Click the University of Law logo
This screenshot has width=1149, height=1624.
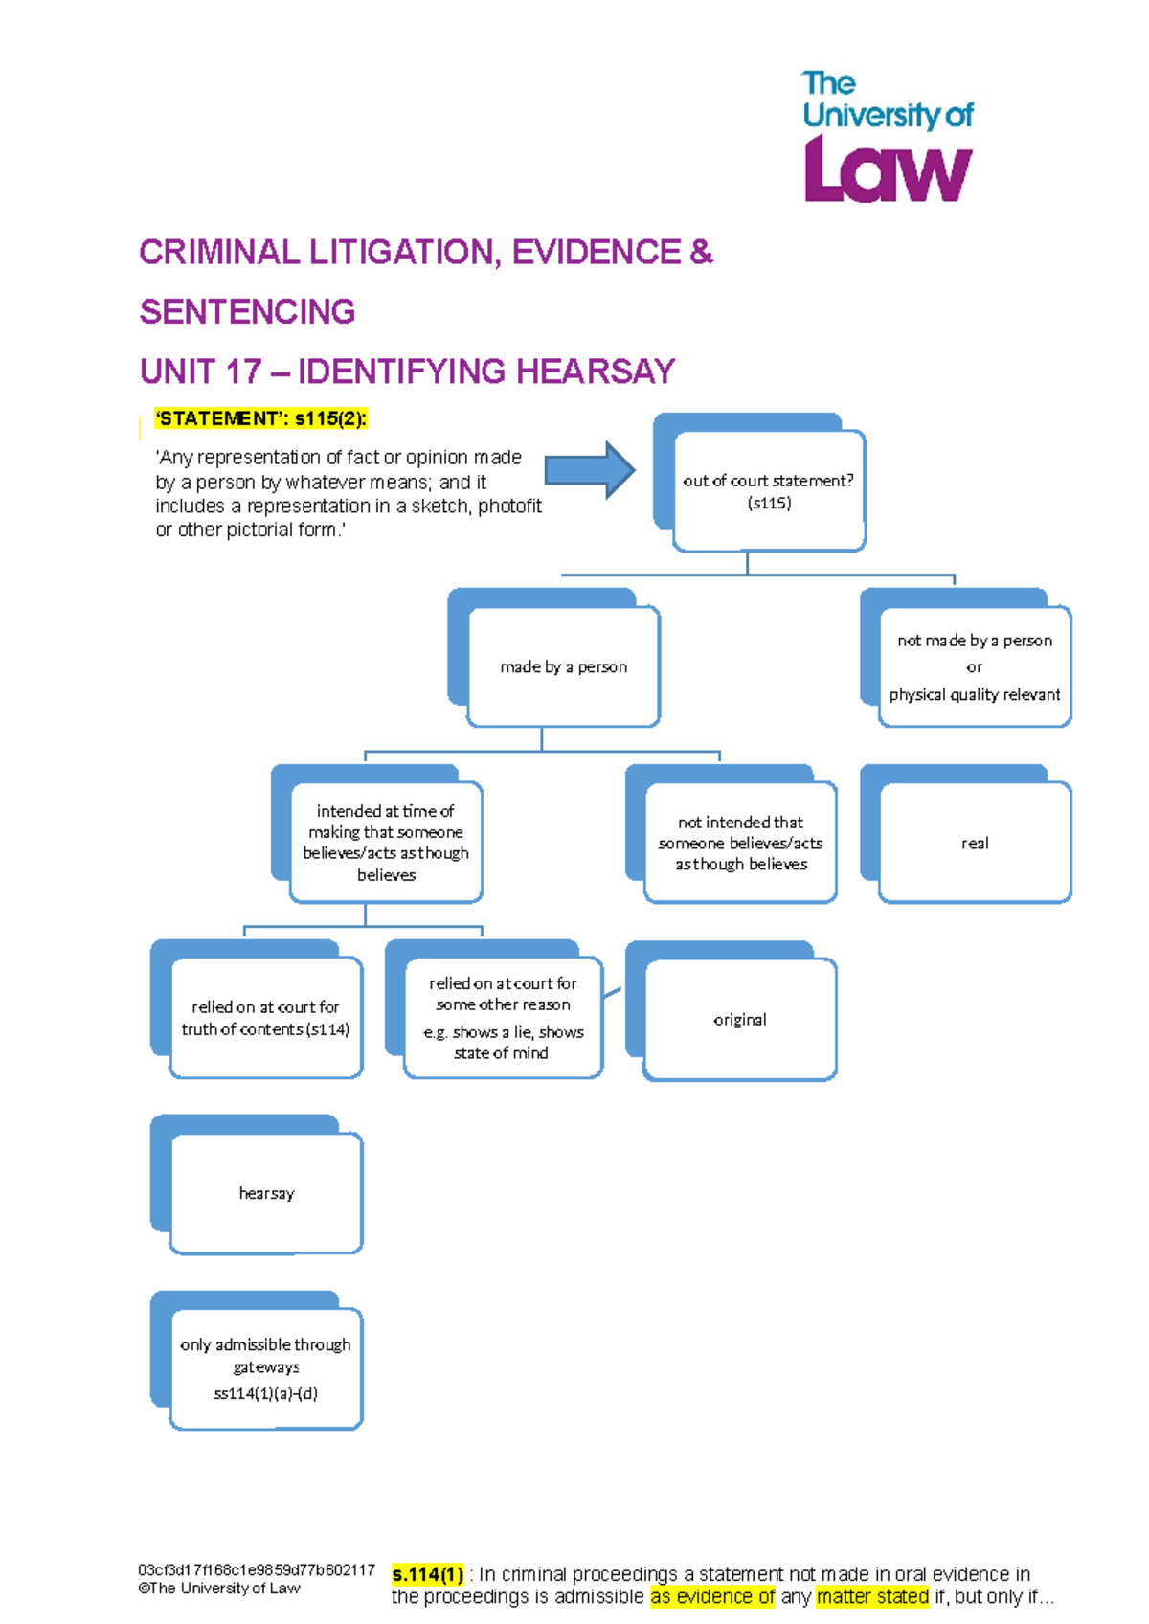tap(887, 137)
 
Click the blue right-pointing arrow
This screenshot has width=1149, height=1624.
tap(589, 470)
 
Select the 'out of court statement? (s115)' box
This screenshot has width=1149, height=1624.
tap(769, 491)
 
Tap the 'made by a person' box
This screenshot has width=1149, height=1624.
tap(563, 666)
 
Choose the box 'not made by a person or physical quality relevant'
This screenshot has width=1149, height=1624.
tap(974, 666)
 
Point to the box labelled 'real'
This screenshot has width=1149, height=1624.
tap(975, 843)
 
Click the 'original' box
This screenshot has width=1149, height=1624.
tap(740, 1019)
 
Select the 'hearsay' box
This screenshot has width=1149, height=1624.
tap(266, 1193)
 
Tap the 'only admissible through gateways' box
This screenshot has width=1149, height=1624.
tap(265, 1368)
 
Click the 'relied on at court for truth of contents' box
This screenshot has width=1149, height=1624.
tap(265, 1018)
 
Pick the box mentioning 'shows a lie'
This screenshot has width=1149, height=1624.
tap(503, 1018)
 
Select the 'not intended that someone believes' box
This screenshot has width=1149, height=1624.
tap(740, 843)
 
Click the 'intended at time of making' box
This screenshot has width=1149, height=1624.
tap(386, 843)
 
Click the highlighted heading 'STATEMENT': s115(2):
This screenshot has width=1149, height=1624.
tap(261, 418)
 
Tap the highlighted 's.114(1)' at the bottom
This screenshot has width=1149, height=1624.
tap(428, 1574)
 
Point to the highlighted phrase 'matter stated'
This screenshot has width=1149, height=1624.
tap(872, 1596)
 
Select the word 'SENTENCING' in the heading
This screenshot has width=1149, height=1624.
tap(247, 311)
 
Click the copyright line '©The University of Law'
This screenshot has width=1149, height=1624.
tap(219, 1588)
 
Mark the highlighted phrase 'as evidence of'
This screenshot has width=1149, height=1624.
tap(712, 1596)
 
